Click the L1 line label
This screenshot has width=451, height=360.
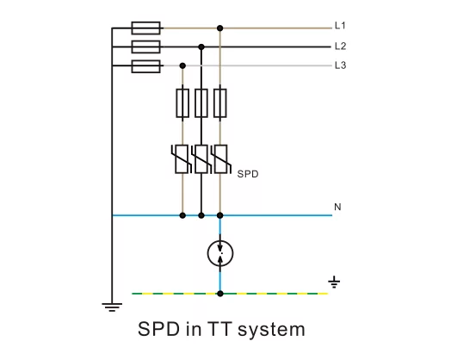(340, 26)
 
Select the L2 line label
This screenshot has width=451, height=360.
(340, 46)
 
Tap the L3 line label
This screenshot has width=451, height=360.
(340, 65)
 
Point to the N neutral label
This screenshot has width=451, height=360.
(337, 207)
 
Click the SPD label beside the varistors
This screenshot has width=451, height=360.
(248, 174)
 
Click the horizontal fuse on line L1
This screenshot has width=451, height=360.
(145, 28)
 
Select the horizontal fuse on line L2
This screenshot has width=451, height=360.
(145, 47)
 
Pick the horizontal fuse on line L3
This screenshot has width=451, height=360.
(145, 66)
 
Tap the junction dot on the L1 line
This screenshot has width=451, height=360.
(220, 28)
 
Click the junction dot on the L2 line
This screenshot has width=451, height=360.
(201, 47)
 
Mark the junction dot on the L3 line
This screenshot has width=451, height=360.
(182, 66)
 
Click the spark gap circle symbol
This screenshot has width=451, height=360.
(220, 253)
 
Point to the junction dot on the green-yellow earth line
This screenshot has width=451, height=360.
(220, 294)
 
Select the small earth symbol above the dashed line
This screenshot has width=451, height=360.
(334, 282)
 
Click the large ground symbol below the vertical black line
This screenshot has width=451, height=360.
(112, 307)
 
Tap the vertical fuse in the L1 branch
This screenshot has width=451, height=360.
(220, 103)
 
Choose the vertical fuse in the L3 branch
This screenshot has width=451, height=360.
(182, 103)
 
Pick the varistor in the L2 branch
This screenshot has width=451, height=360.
(201, 159)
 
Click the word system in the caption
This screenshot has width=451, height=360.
(271, 330)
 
